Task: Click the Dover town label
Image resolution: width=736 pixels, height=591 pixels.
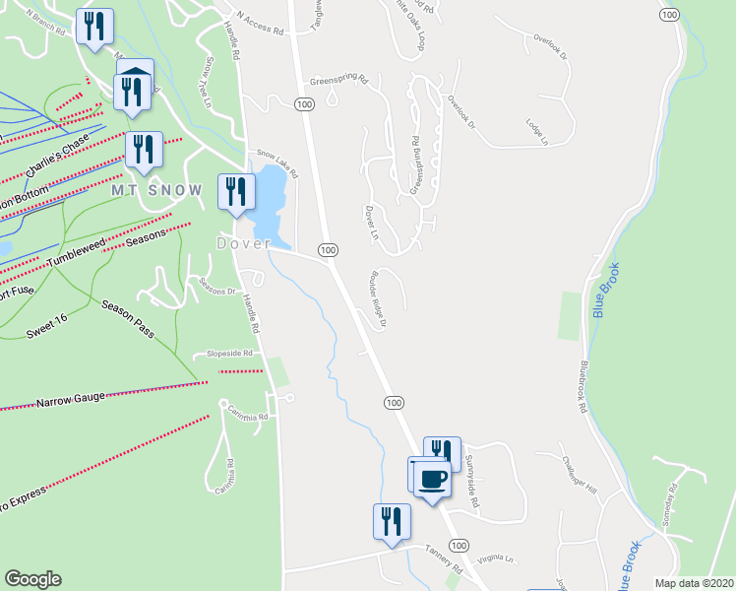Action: [x=243, y=243]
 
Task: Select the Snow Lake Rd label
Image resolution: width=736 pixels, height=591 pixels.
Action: [x=276, y=161]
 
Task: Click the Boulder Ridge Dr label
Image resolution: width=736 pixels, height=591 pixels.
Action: [x=376, y=298]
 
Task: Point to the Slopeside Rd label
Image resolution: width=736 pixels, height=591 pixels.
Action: [x=228, y=353]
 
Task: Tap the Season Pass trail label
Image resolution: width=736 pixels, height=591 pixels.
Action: [x=128, y=319]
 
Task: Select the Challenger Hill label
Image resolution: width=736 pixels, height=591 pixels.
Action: [x=580, y=474]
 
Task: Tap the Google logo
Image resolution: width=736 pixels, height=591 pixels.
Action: [x=32, y=579]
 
